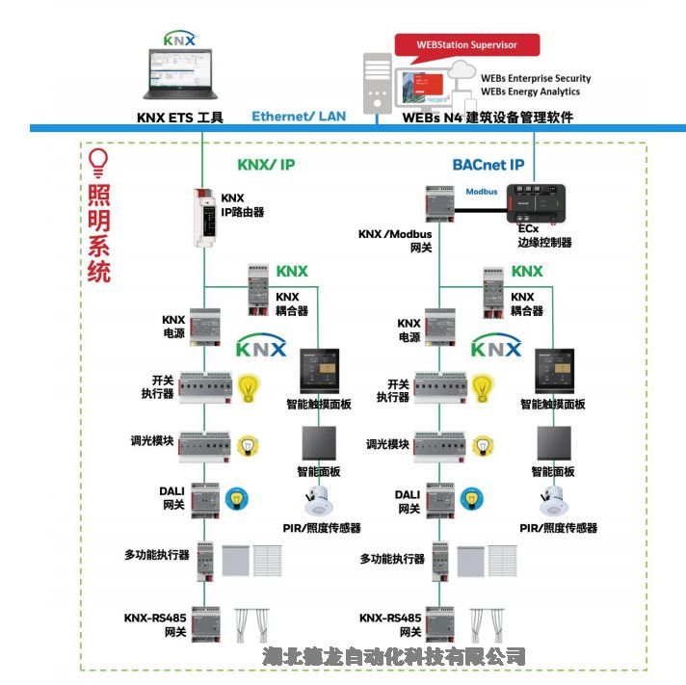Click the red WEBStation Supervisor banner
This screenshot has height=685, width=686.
(x=466, y=44)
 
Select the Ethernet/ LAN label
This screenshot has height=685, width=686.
(x=299, y=117)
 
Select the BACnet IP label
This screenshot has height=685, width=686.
(x=488, y=165)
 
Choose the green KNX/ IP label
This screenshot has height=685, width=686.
(x=266, y=165)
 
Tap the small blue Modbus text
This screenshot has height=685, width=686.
(x=482, y=192)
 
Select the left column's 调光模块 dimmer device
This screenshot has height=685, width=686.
(x=203, y=446)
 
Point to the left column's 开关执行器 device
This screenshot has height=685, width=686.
(x=203, y=387)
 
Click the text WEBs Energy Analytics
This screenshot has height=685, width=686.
(x=530, y=92)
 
